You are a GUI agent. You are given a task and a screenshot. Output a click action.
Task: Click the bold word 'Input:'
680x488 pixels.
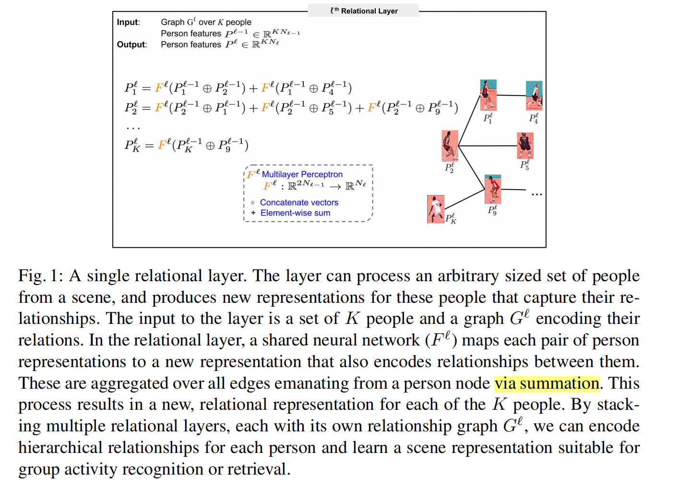128,22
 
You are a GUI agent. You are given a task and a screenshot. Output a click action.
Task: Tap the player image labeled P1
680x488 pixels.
488,95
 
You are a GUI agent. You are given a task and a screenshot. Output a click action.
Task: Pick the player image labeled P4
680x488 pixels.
534,95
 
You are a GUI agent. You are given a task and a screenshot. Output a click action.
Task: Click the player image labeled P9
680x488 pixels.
493,190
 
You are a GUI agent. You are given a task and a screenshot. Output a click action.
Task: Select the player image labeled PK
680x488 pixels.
435,209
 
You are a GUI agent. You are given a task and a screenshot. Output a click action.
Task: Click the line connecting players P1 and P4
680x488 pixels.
511,95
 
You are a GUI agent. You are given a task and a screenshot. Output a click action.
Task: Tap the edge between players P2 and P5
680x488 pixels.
487,145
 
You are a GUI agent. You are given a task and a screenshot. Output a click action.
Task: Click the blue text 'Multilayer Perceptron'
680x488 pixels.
302,174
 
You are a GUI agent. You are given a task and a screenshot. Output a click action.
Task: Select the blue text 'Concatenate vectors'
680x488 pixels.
299,202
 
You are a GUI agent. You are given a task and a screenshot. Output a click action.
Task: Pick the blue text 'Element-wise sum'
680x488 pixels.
295,213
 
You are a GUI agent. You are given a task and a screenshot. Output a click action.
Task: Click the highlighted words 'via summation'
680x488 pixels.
547,383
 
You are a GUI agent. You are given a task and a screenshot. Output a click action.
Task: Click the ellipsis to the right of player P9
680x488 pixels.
537,194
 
